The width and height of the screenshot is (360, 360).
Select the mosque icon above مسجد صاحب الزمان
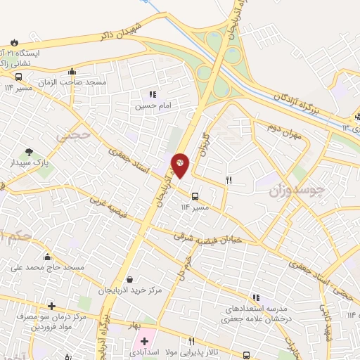[72, 71]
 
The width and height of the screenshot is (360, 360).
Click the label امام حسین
[153, 106]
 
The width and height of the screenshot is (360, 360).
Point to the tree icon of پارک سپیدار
[29, 151]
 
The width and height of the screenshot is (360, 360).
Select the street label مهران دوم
[284, 130]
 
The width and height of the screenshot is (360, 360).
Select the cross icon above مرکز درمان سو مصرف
[51, 306]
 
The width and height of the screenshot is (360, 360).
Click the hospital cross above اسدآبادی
[144, 340]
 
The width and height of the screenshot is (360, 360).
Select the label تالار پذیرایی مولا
[192, 350]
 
